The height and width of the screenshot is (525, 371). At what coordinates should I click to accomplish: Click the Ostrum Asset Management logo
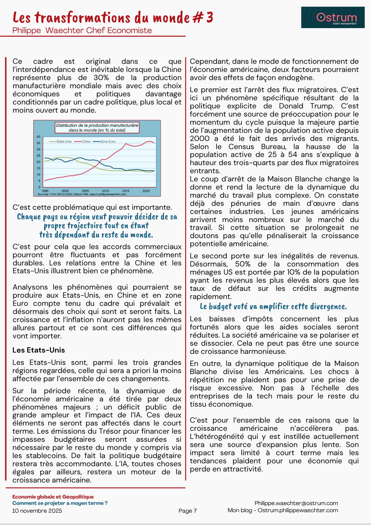333,18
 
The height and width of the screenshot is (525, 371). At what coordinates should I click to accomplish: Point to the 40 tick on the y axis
38,137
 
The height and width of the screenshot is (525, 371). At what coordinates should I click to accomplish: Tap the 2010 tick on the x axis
105,191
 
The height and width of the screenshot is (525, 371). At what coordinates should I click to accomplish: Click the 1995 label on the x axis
45,191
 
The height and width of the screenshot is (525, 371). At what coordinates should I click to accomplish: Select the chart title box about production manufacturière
97,128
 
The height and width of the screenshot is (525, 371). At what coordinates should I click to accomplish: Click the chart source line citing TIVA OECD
82,194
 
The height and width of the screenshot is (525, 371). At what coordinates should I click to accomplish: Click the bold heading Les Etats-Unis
39,350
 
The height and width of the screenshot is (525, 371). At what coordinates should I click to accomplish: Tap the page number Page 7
188,511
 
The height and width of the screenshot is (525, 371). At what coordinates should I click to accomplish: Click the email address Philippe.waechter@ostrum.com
296,503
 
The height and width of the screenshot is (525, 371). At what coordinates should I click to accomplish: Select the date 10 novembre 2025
37,511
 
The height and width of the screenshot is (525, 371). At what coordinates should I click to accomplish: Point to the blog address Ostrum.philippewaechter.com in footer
298,510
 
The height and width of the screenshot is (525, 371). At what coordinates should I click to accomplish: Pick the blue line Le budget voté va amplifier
273,307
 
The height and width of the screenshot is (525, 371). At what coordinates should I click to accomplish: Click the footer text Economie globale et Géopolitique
53,497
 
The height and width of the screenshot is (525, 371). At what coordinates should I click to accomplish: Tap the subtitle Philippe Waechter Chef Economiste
82,30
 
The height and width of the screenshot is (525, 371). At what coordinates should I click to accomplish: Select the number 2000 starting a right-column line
200,138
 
